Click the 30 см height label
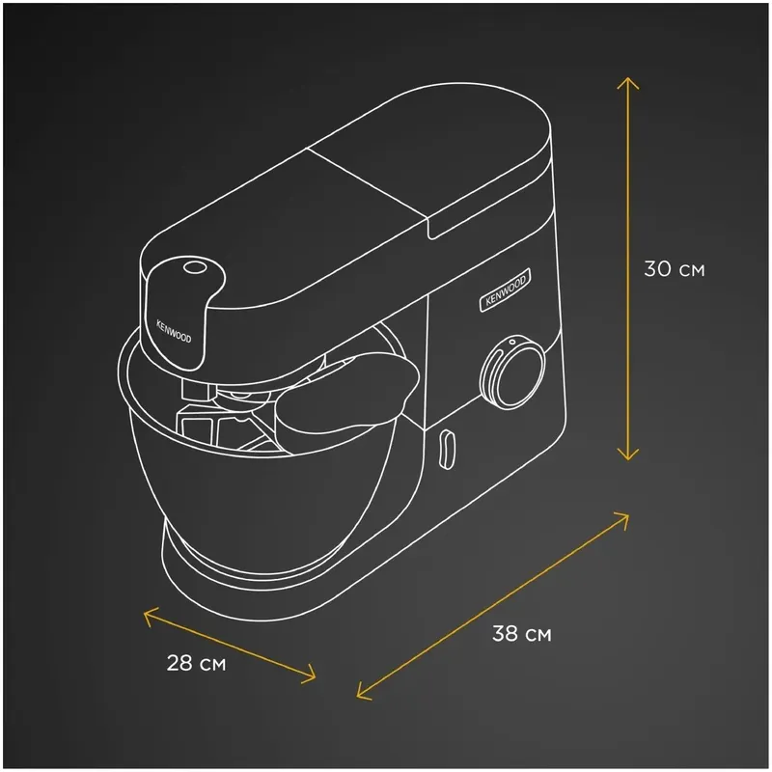675,269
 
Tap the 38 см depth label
522,633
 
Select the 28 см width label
197,663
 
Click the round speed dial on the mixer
512,372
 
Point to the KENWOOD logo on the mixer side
506,289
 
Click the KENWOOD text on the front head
174,331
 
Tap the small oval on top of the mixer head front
195,268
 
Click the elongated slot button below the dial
446,449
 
